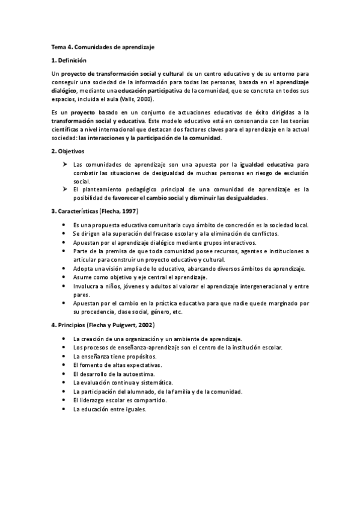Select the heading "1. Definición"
(x=69, y=60)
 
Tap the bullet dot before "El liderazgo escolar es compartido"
(x=64, y=400)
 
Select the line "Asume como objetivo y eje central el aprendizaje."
(x=139, y=277)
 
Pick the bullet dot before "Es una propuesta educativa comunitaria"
(x=64, y=225)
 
